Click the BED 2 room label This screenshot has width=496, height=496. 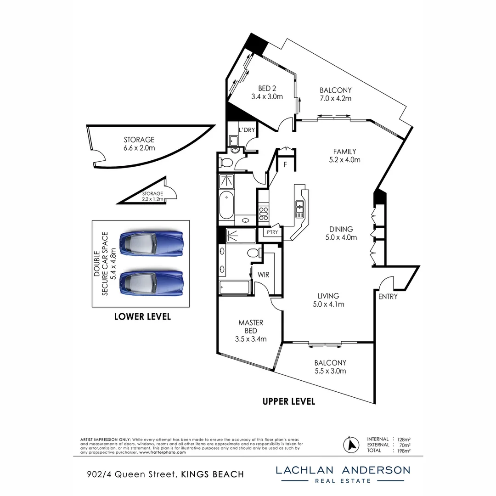[267, 89]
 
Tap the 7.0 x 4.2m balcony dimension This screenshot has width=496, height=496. [336, 98]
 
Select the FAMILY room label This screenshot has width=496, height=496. [344, 152]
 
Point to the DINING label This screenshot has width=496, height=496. [341, 229]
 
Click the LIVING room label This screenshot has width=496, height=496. [328, 296]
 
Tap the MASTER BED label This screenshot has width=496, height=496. [251, 327]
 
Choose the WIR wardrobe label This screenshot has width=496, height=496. [263, 275]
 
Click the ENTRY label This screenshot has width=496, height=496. [388, 296]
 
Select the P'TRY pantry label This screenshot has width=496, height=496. [272, 232]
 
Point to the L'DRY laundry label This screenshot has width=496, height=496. [247, 130]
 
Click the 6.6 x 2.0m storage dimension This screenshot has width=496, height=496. [139, 148]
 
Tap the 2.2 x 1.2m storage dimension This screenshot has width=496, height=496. [152, 199]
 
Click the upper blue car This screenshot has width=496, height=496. [151, 244]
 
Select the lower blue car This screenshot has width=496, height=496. [151, 283]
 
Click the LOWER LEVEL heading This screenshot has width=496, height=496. [142, 316]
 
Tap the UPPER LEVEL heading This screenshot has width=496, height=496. [289, 401]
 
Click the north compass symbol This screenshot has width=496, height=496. [351, 445]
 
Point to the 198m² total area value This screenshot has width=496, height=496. [404, 451]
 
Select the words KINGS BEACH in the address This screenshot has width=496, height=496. [213, 474]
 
